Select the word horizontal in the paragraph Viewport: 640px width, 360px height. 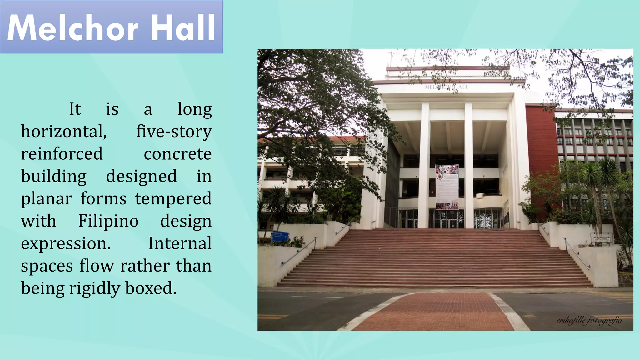[x=64, y=132]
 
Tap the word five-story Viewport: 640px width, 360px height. [x=174, y=132]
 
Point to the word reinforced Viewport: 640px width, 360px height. [x=62, y=154]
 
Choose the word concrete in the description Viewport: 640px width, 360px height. [x=177, y=154]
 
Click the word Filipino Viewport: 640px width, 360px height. [x=108, y=221]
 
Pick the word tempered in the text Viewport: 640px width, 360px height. [x=173, y=199]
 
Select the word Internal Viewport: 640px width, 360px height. [x=180, y=243]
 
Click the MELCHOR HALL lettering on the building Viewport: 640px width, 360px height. [x=446, y=87]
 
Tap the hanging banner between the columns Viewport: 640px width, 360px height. [x=447, y=187]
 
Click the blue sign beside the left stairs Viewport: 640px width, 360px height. [x=280, y=236]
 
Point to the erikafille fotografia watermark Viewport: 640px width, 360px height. [x=589, y=320]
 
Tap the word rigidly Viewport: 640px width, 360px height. [x=94, y=288]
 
